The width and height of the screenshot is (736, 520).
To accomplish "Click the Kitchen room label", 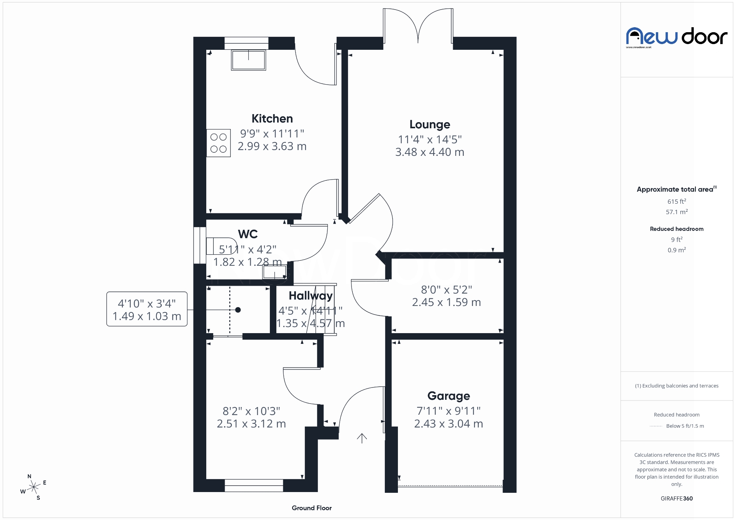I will click(272, 119).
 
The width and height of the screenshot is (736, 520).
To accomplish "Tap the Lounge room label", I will click(429, 124).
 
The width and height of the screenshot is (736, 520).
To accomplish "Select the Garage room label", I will click(449, 396).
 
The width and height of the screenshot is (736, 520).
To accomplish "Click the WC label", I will click(248, 234).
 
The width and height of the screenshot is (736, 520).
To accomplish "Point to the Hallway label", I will click(310, 296).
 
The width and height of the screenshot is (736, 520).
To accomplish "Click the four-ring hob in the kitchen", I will click(219, 143).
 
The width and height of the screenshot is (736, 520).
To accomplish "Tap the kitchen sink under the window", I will click(248, 60).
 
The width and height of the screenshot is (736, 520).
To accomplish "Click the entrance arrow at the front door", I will click(362, 438).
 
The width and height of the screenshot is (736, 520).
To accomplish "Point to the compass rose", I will click(34, 487).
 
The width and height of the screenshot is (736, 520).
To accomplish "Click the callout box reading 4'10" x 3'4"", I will click(147, 309).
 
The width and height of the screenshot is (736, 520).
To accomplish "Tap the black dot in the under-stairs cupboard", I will click(238, 310).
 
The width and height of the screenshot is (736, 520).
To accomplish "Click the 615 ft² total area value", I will click(677, 201).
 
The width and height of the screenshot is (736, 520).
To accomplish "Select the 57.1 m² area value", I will click(677, 212).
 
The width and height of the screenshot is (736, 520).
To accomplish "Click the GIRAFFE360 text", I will click(677, 498).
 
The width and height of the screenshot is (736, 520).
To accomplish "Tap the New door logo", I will click(677, 37).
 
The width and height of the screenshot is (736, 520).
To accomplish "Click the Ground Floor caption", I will click(312, 508).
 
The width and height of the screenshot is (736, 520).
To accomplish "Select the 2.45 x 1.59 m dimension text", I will click(446, 303).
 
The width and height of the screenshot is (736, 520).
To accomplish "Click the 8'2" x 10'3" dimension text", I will click(251, 411).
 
